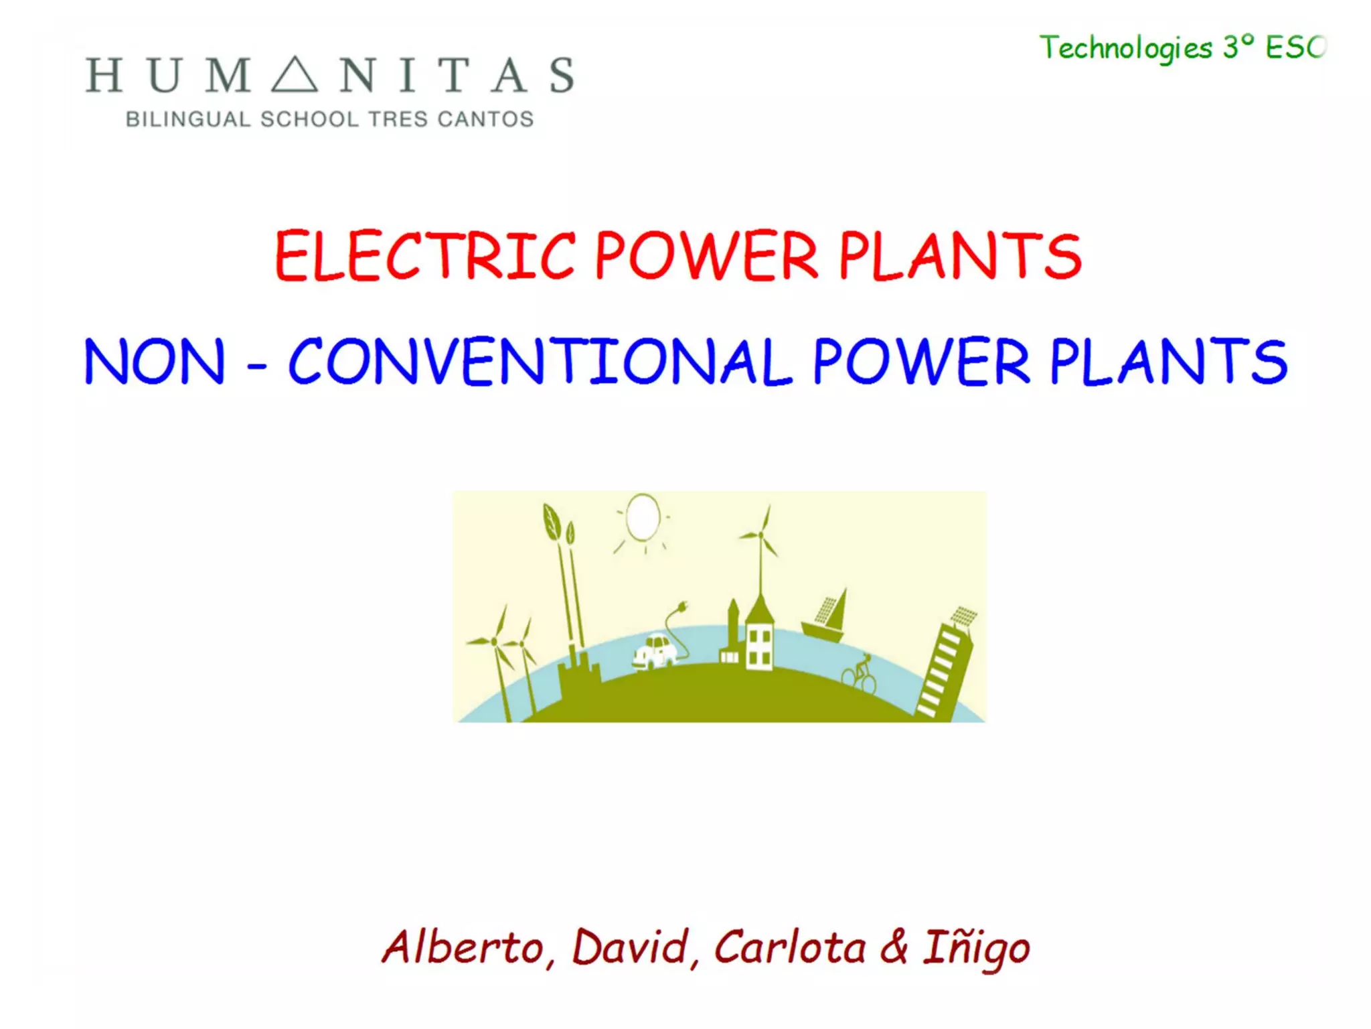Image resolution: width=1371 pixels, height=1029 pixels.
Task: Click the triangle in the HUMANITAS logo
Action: [x=295, y=75]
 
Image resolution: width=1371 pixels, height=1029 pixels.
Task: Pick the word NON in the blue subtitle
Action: [x=154, y=362]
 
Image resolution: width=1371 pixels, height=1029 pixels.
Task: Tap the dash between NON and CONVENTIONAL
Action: [x=257, y=366]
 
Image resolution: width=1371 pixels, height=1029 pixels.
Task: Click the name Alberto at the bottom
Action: [x=463, y=947]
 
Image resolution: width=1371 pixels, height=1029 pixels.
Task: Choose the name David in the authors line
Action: [x=631, y=947]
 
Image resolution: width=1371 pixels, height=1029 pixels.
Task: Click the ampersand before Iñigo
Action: [x=894, y=947]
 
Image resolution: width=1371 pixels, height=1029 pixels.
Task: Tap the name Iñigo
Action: [x=976, y=949]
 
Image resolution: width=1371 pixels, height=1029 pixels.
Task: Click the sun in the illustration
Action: [x=643, y=517]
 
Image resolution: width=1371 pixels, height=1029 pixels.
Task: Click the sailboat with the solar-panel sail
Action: [x=827, y=616]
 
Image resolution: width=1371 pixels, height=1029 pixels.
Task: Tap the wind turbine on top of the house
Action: [x=760, y=536]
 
